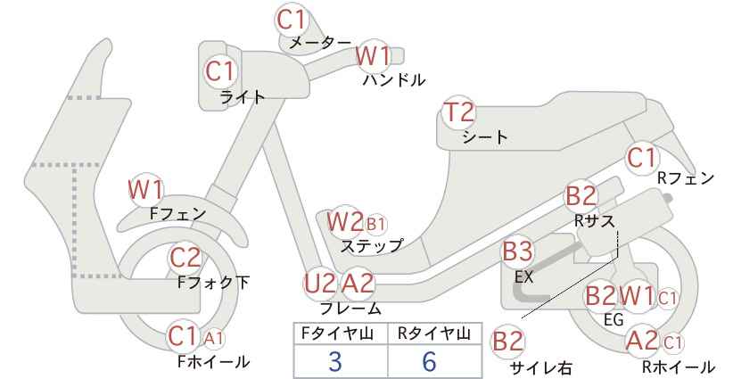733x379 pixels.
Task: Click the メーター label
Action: pyautogui.click(x=320, y=43)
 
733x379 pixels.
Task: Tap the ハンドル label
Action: pyautogui.click(x=394, y=80)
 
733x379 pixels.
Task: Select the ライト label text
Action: pyautogui.click(x=243, y=97)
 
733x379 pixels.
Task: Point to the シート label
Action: pyautogui.click(x=485, y=137)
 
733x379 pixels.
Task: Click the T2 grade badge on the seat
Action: pyautogui.click(x=459, y=112)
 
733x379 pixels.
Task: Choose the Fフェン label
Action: pyautogui.click(x=178, y=214)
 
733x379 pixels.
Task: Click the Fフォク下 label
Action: pyautogui.click(x=214, y=283)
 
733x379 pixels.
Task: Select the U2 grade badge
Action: pyautogui.click(x=320, y=284)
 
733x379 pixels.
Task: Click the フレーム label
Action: pyautogui.click(x=350, y=308)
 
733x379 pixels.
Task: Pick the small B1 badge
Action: pyautogui.click(x=375, y=225)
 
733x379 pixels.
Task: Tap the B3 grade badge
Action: pyautogui.click(x=517, y=251)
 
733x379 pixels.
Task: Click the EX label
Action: pyautogui.click(x=523, y=277)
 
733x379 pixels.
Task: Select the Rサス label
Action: pyautogui.click(x=595, y=221)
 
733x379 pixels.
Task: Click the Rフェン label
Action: pyautogui.click(x=686, y=178)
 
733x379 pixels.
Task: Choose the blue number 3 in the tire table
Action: pyautogui.click(x=334, y=361)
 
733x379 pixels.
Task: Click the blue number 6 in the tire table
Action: pyautogui.click(x=429, y=361)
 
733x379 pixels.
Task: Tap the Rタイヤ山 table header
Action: pyautogui.click(x=433, y=334)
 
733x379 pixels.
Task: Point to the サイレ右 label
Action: pyautogui.click(x=541, y=367)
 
